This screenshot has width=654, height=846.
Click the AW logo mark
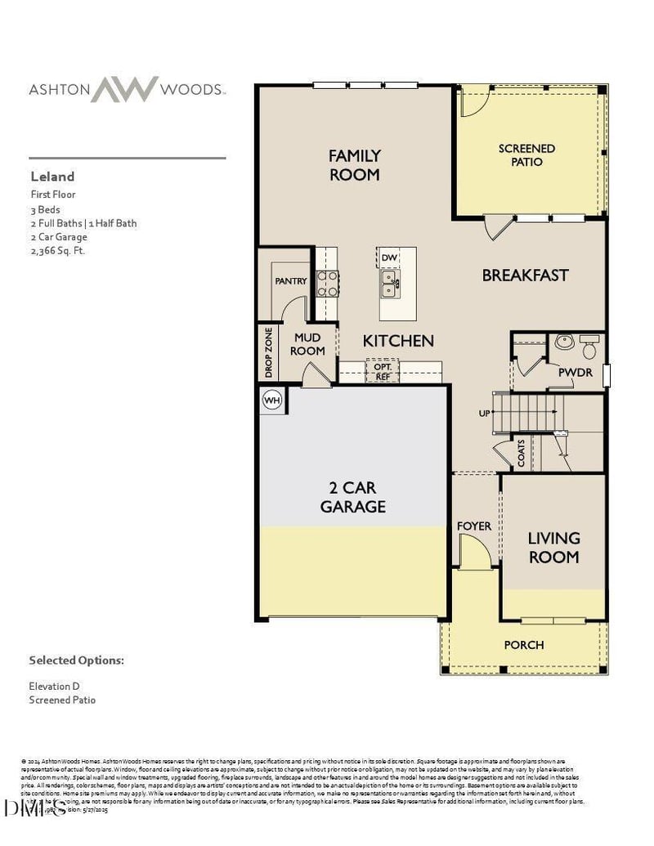pyautogui.click(x=124, y=88)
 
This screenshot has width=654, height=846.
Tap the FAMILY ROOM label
pyautogui.click(x=354, y=164)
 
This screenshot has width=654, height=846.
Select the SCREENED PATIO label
pyautogui.click(x=526, y=154)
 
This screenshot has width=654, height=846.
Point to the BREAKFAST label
pyautogui.click(x=524, y=275)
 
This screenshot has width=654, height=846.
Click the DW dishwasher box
pyautogui.click(x=389, y=258)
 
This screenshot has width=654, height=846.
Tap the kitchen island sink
pyautogui.click(x=389, y=285)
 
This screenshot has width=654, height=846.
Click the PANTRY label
pyautogui.click(x=290, y=281)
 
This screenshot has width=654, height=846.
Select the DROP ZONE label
pyautogui.click(x=268, y=353)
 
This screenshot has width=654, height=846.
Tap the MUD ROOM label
pyautogui.click(x=307, y=344)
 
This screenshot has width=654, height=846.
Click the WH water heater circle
pyautogui.click(x=272, y=401)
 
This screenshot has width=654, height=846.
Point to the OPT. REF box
pyautogui.click(x=383, y=371)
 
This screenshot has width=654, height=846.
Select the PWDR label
pyautogui.click(x=575, y=372)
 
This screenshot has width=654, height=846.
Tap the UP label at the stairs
pyautogui.click(x=484, y=414)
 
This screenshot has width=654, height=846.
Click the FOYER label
pyautogui.click(x=474, y=526)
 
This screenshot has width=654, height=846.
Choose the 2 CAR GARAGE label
pyautogui.click(x=352, y=497)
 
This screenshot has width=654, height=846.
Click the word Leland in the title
pyautogui.click(x=52, y=176)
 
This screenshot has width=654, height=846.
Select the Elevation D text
pyautogui.click(x=55, y=687)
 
